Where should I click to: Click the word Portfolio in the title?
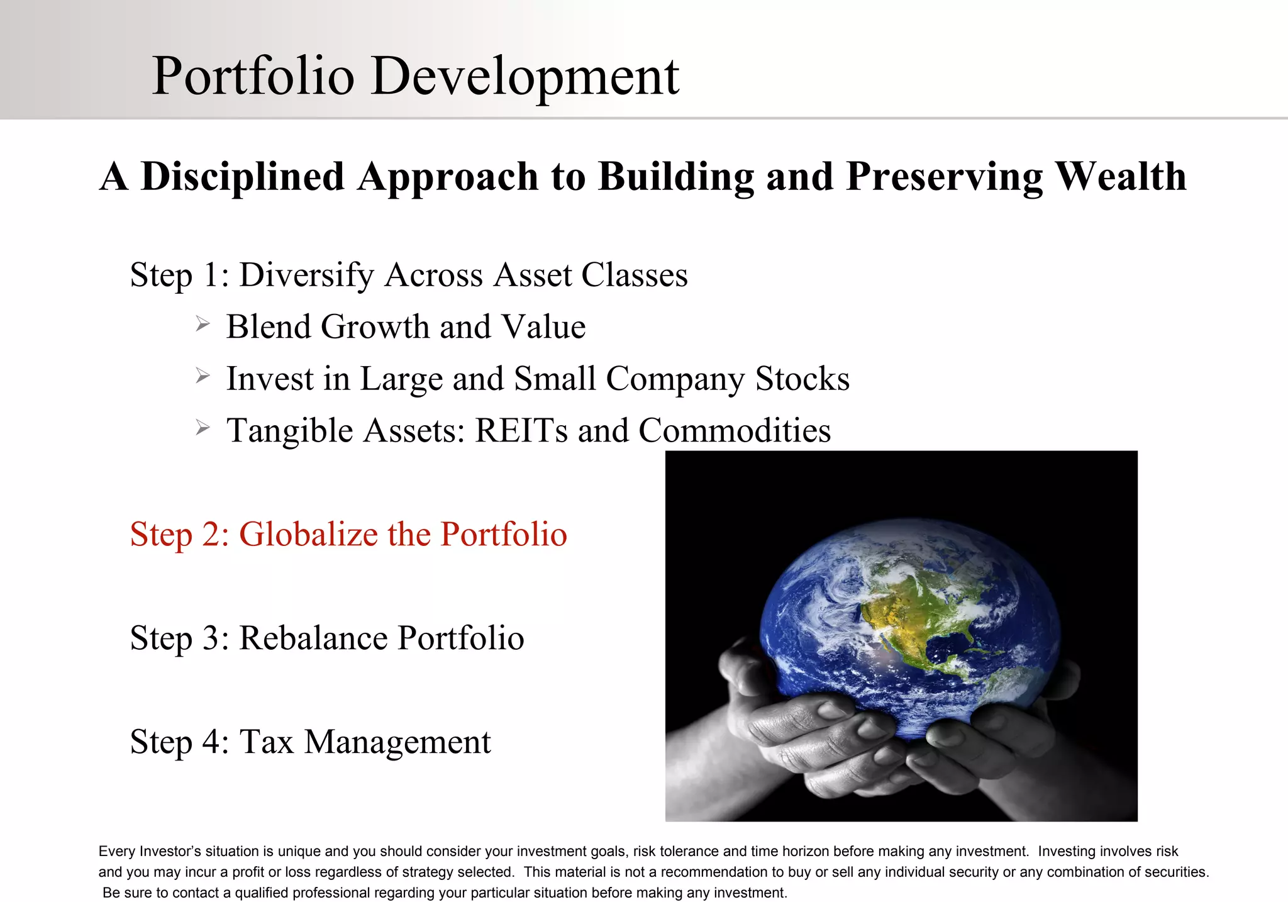(253, 77)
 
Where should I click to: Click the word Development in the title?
(525, 77)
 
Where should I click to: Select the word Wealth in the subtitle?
(1121, 176)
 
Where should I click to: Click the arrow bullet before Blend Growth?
(202, 324)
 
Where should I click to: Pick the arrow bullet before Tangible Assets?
(202, 428)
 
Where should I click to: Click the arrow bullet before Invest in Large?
(202, 376)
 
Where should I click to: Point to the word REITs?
(521, 431)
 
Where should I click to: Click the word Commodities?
(734, 431)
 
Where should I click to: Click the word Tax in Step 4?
(267, 742)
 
